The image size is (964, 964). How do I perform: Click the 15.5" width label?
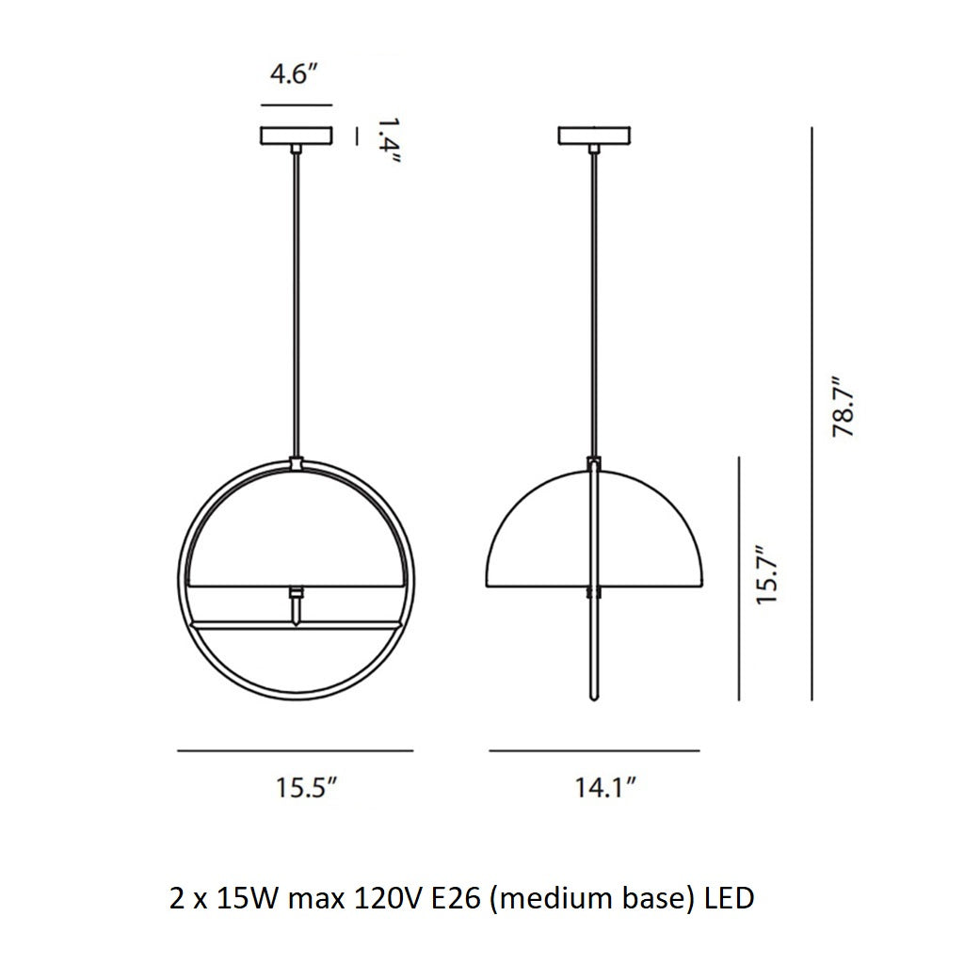[x=305, y=788]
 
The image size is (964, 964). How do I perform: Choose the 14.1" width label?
[x=605, y=788]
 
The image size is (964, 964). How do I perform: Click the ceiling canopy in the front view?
[x=297, y=137]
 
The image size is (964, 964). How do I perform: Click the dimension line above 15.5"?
[x=296, y=750]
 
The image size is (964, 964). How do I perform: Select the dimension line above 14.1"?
[x=594, y=750]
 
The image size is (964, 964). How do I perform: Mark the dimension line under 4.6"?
[x=296, y=105]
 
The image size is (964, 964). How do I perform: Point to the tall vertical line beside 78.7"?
[x=811, y=414]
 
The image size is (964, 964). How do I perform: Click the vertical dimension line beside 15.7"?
[x=741, y=578]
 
